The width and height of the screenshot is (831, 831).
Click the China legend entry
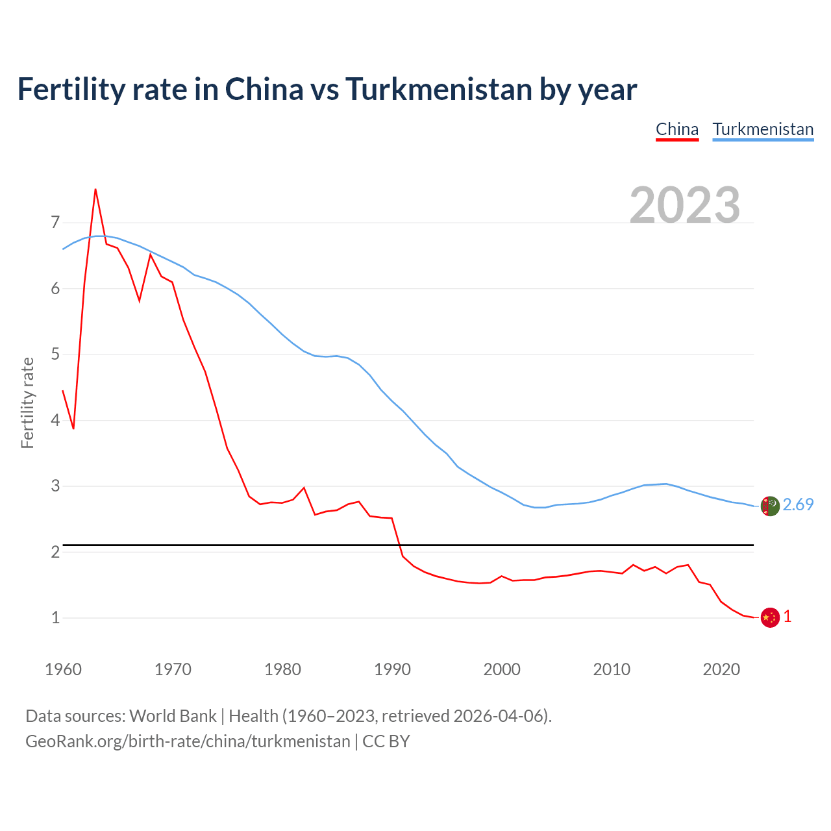click(677, 129)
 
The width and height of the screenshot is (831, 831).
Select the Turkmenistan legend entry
click(763, 129)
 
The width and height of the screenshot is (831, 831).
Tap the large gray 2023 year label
click(685, 205)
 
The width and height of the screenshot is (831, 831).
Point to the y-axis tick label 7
click(55, 223)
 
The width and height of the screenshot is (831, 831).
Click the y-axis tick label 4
click(55, 420)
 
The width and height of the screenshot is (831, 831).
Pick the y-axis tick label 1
click(55, 617)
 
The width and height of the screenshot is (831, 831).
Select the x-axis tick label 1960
click(63, 669)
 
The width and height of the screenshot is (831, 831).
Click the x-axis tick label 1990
click(392, 669)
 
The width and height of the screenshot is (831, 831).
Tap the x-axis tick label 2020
click(721, 669)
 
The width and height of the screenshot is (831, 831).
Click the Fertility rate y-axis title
click(27, 403)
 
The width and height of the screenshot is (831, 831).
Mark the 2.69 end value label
click(798, 504)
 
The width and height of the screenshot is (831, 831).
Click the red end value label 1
click(788, 617)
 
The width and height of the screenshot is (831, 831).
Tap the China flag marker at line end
click(770, 617)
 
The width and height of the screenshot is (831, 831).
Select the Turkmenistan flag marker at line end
click(770, 506)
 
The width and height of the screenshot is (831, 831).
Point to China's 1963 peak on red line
click(95, 190)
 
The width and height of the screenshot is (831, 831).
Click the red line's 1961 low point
click(73, 428)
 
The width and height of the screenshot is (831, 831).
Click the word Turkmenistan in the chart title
click(438, 89)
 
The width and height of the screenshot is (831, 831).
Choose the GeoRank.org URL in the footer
click(188, 741)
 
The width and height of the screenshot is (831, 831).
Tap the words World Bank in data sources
click(173, 716)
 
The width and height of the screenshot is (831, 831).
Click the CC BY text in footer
click(386, 741)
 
